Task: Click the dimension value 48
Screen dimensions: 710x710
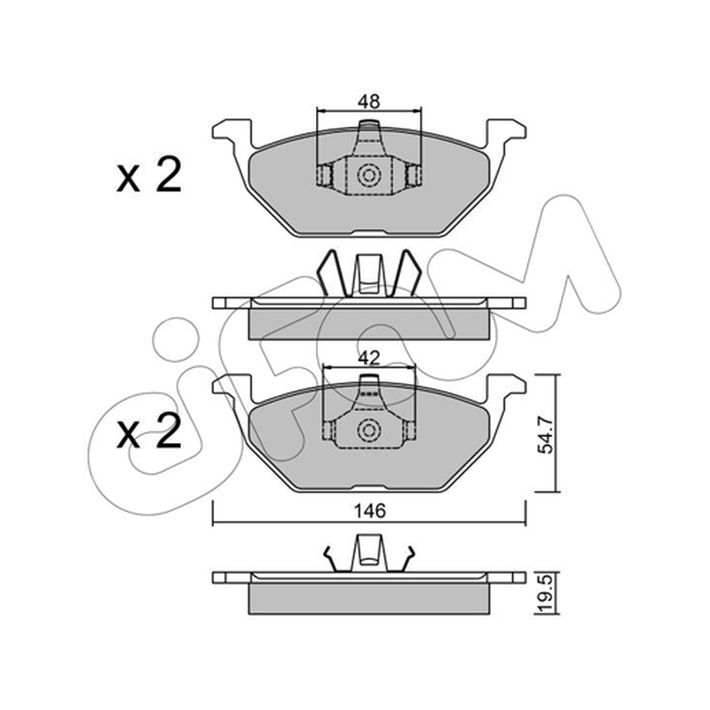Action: coord(368,102)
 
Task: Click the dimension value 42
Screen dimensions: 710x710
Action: coord(368,359)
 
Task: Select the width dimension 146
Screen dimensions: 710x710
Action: coord(369,511)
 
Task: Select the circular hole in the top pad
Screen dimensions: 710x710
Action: coord(368,175)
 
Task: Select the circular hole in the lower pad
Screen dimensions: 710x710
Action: coord(368,430)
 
